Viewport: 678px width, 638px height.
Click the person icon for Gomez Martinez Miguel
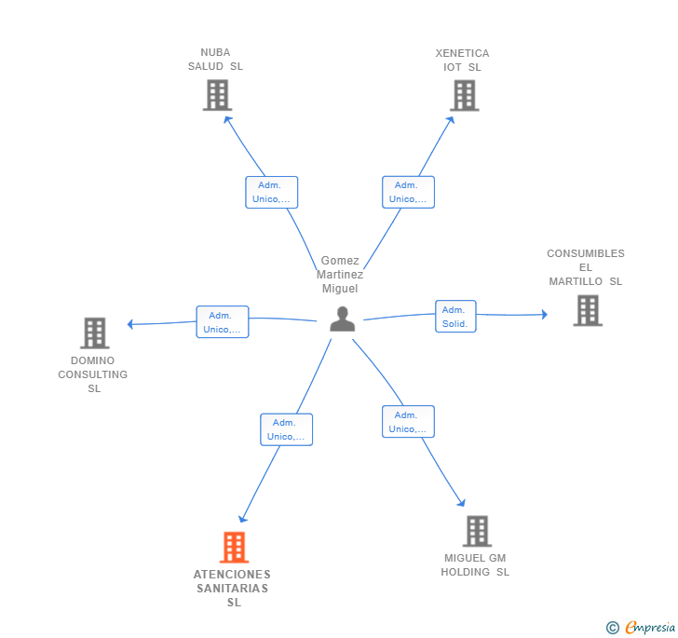(343, 319)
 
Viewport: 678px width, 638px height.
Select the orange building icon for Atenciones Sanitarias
(234, 547)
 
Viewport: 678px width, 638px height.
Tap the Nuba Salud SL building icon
(218, 95)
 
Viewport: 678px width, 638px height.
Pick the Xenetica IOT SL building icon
(465, 96)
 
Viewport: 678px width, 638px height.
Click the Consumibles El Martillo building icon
(588, 310)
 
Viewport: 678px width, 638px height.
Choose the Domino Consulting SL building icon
(95, 333)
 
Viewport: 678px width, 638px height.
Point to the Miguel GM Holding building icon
(478, 531)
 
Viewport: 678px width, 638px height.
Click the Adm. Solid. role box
(455, 316)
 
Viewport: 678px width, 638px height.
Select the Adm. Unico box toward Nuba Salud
(272, 192)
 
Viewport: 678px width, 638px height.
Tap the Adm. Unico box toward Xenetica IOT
(408, 192)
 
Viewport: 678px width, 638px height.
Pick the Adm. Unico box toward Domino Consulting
(223, 322)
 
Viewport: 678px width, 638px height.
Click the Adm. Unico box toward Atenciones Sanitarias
(286, 429)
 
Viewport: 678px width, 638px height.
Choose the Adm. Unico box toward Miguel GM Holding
(408, 422)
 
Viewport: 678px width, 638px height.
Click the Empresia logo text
(650, 627)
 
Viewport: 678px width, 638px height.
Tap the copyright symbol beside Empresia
(612, 627)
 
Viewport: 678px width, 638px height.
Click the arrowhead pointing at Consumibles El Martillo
(545, 315)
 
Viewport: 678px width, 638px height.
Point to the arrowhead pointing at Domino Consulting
(130, 324)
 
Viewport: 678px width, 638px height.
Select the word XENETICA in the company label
(462, 53)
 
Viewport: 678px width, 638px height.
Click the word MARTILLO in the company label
(576, 281)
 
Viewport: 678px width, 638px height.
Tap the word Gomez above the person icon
(340, 261)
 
